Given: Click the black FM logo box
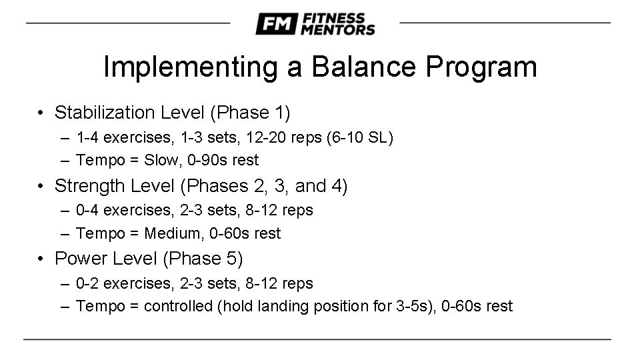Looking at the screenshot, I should click(x=276, y=24).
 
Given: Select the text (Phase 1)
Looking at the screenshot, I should click(x=250, y=113).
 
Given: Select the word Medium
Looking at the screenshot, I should click(x=171, y=233).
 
